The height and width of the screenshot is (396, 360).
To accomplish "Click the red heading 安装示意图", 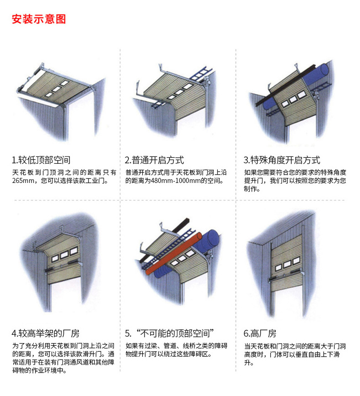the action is coord(39,20).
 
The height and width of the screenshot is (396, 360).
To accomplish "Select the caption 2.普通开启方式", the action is coord(154,160).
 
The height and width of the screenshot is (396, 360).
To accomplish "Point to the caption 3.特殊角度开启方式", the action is coord(282,160).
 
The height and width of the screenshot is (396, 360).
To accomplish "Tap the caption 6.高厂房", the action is coord(260,333).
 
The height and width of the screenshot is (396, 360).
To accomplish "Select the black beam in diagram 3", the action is coord(283,84).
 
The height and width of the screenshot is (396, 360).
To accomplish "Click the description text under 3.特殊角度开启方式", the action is coord(295,181).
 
